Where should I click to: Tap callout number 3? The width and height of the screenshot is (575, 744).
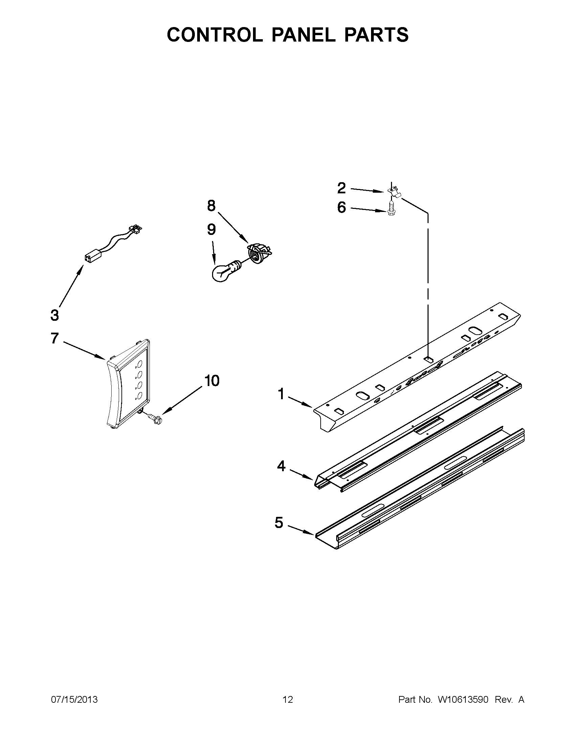tap(54, 315)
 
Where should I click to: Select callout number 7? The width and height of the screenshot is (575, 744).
tap(54, 338)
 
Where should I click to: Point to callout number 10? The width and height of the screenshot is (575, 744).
tap(212, 381)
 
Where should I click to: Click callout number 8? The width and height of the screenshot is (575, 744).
tap(211, 206)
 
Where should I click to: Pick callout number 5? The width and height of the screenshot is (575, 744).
tap(279, 522)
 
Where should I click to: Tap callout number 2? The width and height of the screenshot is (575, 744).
tap(341, 188)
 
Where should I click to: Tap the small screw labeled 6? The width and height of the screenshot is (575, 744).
tap(391, 209)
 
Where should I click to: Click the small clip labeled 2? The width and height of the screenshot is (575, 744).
tap(395, 191)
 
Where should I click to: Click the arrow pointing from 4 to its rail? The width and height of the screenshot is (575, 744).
tap(302, 474)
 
